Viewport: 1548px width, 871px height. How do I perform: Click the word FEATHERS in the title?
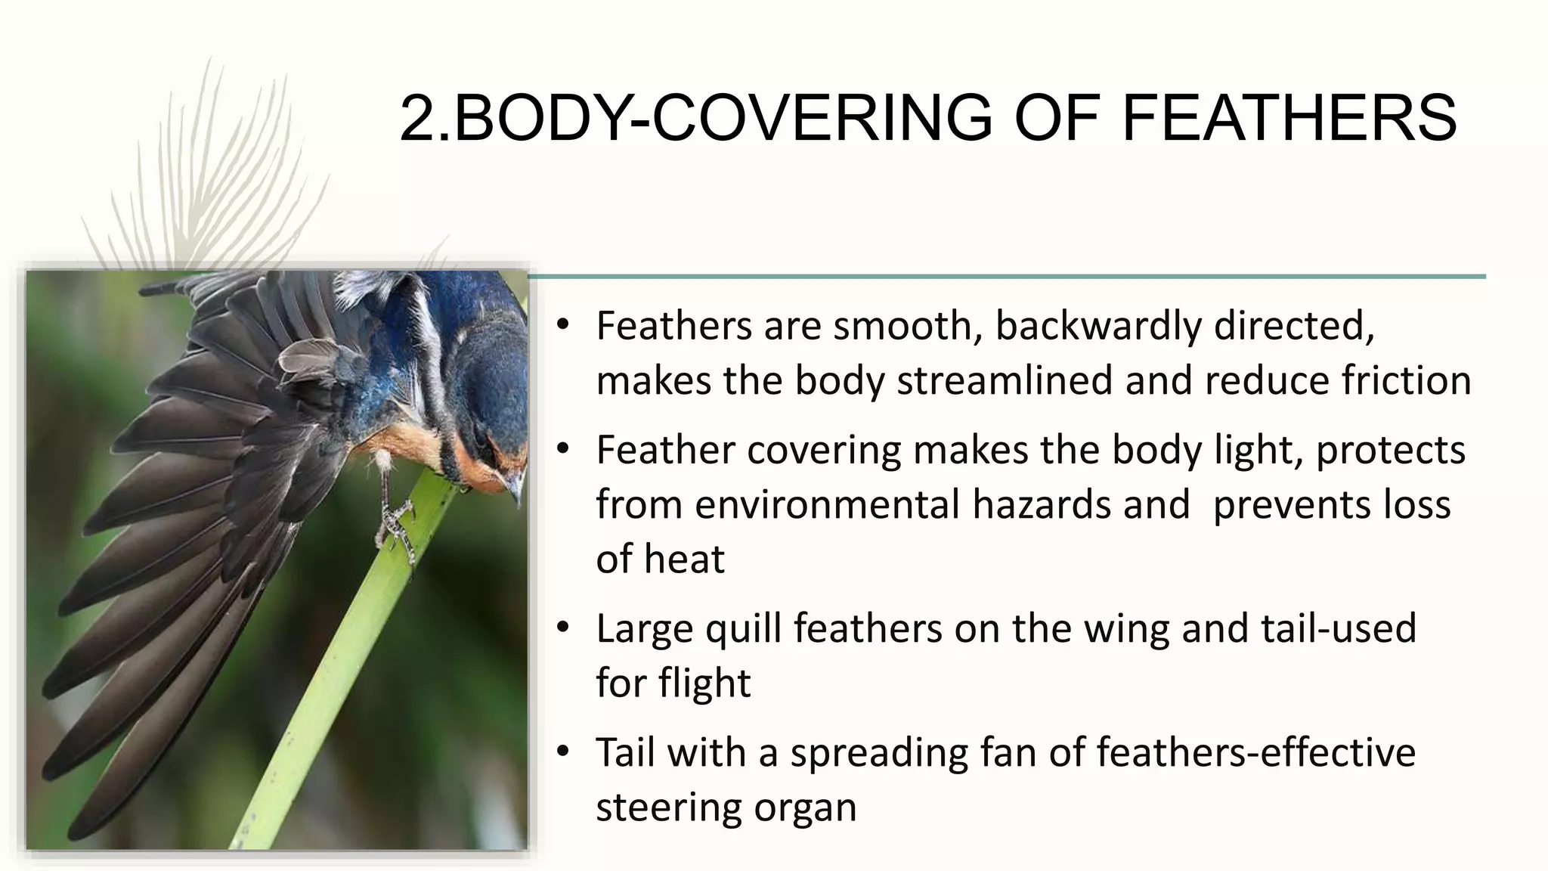[1289, 118]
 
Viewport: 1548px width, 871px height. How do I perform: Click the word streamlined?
[1005, 380]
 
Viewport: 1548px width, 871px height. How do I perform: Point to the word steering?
[657, 807]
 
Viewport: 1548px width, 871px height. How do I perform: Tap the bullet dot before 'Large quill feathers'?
[562, 628]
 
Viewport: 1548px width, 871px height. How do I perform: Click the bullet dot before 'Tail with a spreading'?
[562, 752]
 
